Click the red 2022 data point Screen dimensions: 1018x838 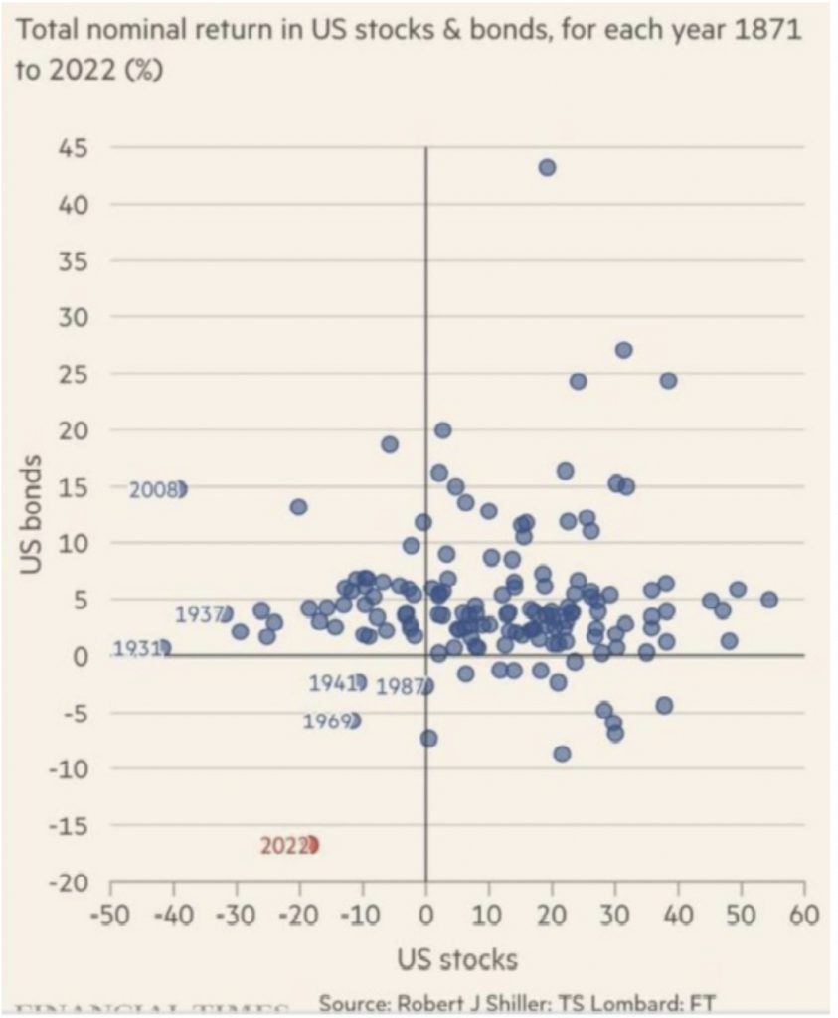311,845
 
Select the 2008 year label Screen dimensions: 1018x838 153,489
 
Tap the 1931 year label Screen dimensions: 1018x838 136,648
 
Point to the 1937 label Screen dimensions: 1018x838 198,615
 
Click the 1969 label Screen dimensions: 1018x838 325,721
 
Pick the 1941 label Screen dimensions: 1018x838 332,683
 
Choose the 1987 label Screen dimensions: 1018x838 400,686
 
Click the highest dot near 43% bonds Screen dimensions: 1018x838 547,167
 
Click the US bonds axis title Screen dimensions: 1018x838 33,514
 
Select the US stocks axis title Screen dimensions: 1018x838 456,959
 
